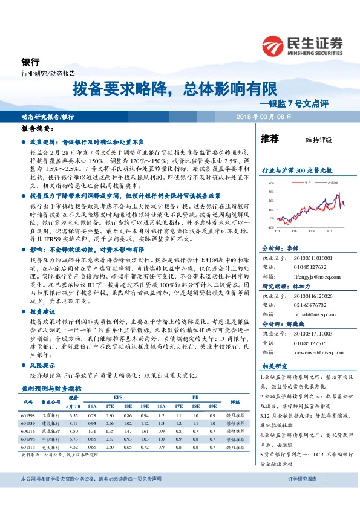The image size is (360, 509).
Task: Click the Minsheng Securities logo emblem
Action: pos(273,45)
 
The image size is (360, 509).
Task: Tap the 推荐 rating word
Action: pos(270,138)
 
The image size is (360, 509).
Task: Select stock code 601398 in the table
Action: pos(28,415)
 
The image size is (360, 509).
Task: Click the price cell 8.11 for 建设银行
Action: pos(74,424)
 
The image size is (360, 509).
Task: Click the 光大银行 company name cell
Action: pos(50,447)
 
